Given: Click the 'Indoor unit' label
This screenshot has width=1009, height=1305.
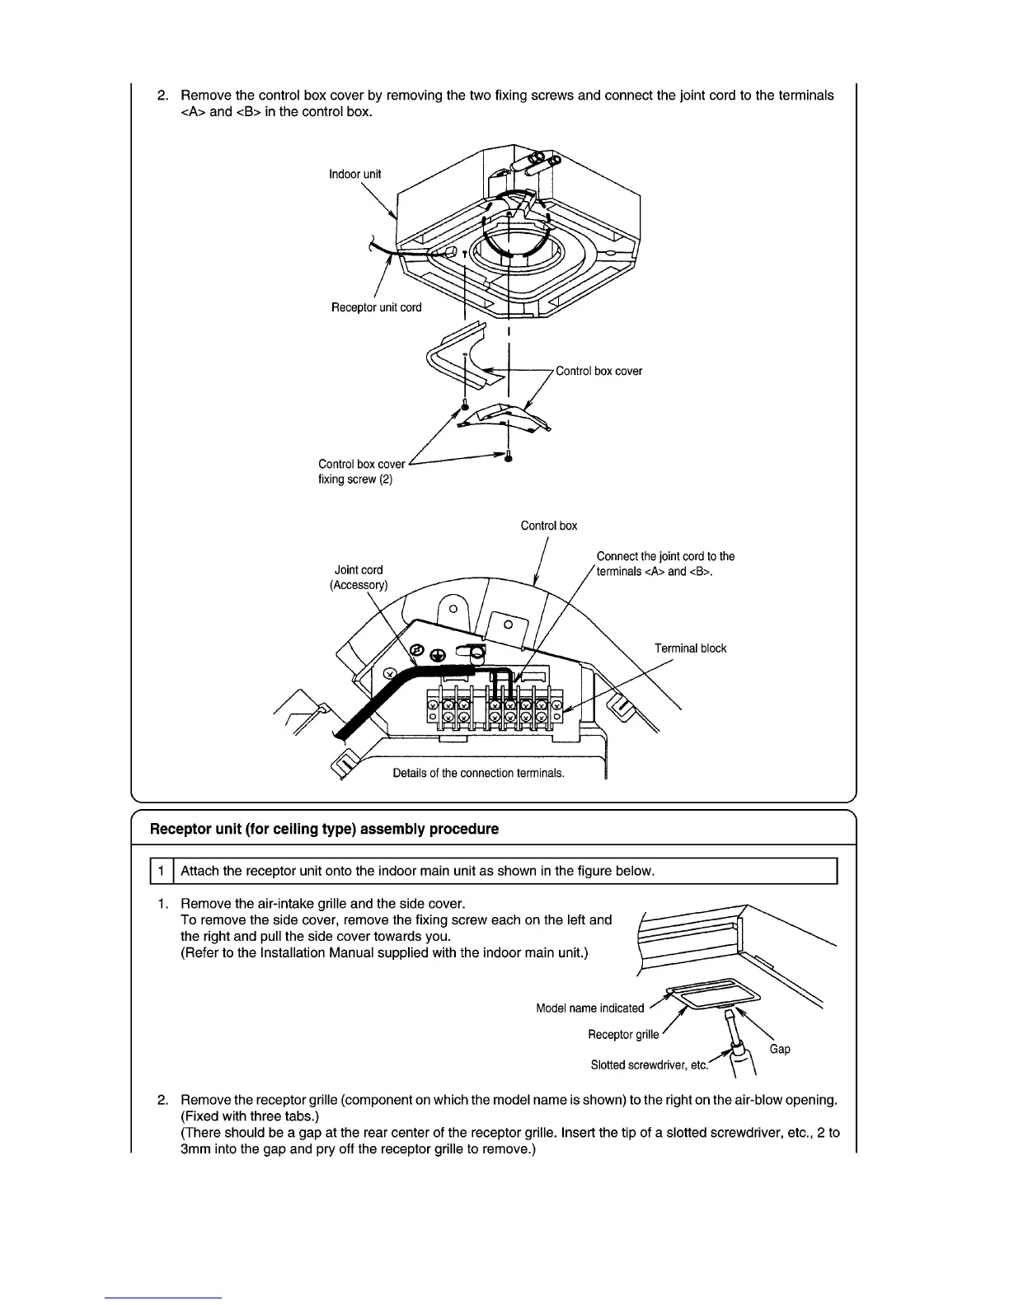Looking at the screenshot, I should pyautogui.click(x=355, y=174).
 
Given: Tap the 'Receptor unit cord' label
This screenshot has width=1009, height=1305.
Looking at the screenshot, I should pyautogui.click(x=376, y=307).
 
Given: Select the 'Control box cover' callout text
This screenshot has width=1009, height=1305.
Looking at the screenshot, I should pyautogui.click(x=598, y=371).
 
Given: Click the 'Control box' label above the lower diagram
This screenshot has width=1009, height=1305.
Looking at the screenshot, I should pyautogui.click(x=549, y=526).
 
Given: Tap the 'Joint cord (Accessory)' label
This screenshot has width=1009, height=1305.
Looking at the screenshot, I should pyautogui.click(x=359, y=577).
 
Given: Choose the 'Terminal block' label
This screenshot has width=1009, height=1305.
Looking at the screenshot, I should pyautogui.click(x=690, y=648).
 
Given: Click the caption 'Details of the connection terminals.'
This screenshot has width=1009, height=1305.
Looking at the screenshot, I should pyautogui.click(x=478, y=773).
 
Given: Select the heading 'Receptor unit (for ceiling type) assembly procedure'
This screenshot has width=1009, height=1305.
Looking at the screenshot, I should pyautogui.click(x=324, y=829).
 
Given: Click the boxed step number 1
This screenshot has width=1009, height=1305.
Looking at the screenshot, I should pyautogui.click(x=162, y=871).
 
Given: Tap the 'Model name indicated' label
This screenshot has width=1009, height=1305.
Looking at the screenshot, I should pyautogui.click(x=589, y=1008).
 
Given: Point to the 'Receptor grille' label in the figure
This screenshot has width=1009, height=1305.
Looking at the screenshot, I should pyautogui.click(x=623, y=1034).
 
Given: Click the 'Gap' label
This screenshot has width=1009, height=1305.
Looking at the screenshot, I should pyautogui.click(x=780, y=1049).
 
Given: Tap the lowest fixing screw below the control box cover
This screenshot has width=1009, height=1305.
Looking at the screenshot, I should pyautogui.click(x=509, y=458).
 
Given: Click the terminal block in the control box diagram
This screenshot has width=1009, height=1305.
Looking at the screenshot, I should pyautogui.click(x=492, y=709).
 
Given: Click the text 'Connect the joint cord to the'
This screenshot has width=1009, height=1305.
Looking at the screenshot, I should pyautogui.click(x=665, y=556).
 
